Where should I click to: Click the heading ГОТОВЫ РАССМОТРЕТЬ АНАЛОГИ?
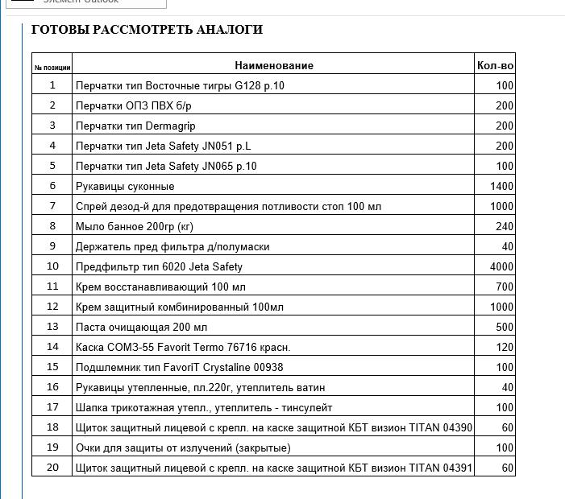pos(147,30)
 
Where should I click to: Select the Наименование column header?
pos(274,65)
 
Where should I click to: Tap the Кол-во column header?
pos(495,65)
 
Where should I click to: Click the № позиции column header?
pos(52,66)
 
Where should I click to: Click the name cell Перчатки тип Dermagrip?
pos(135,126)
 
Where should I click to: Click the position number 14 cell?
pos(52,347)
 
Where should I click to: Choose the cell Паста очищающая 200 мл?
pos(141,327)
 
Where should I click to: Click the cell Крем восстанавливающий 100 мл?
pos(160,287)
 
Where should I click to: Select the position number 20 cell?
pos(52,468)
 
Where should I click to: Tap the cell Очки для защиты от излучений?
pos(183,447)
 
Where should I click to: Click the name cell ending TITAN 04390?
pos(273,427)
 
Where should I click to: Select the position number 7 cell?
pos(52,206)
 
